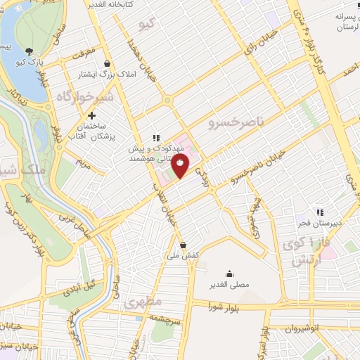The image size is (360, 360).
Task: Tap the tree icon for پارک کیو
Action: [x=29, y=51]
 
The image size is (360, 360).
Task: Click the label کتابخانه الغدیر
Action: [x=110, y=4]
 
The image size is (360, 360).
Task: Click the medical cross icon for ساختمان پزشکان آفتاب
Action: [x=91, y=115]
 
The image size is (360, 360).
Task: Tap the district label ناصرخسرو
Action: [x=236, y=124]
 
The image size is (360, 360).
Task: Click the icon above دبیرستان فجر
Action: [x=319, y=212]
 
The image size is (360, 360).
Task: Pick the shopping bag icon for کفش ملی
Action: [x=184, y=245]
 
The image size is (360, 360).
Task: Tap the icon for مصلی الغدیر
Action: [x=229, y=274]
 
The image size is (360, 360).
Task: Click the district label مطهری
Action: [x=143, y=302]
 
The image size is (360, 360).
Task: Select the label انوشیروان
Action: [x=306, y=328]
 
